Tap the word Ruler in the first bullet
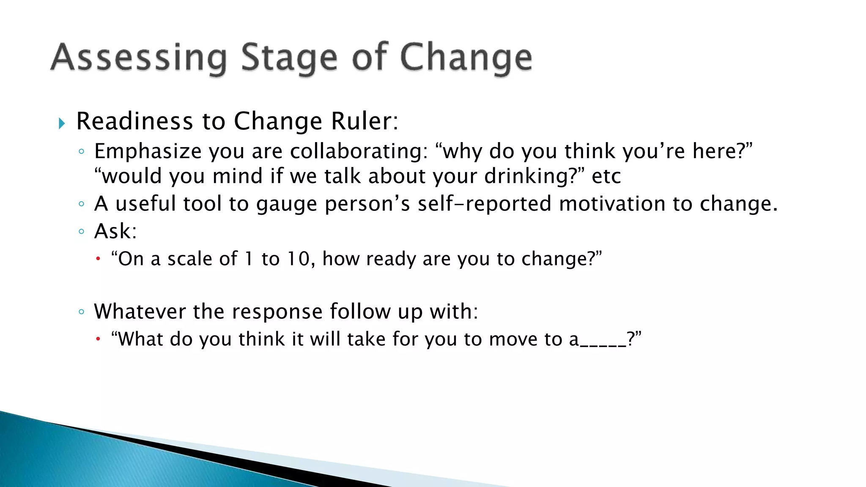362,121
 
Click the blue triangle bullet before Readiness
62,123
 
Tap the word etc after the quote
606,176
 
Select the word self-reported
485,204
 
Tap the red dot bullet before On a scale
98,258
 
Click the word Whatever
140,312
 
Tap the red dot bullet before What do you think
98,339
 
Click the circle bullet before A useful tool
82,204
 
